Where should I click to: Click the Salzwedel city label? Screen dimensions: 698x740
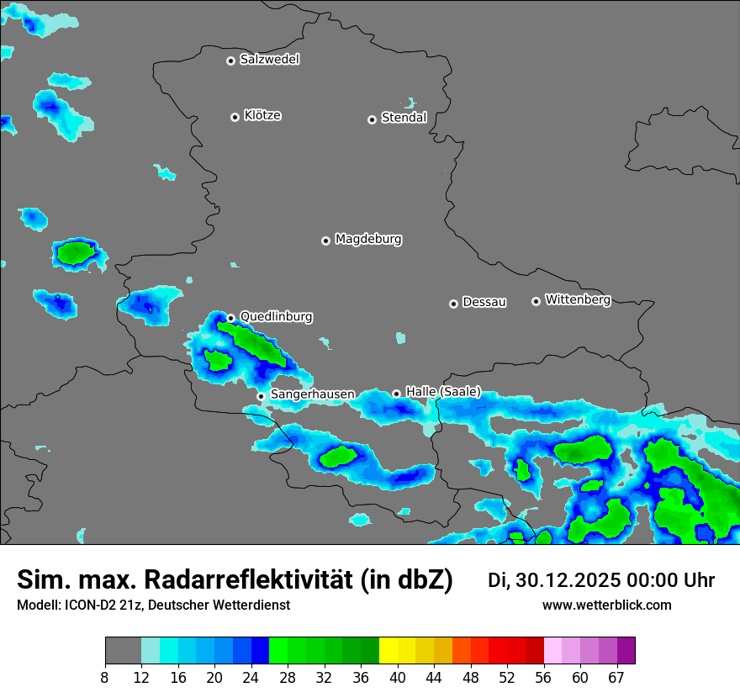click(269, 60)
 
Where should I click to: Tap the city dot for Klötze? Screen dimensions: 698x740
click(235, 117)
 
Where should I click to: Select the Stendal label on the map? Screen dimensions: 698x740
click(404, 118)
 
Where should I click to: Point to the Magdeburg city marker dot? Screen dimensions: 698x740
click(325, 241)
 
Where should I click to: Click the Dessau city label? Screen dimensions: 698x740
click(484, 302)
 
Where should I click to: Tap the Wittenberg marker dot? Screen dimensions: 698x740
click(536, 301)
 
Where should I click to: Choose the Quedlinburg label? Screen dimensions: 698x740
click(276, 317)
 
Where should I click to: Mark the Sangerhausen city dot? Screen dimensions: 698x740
click(261, 396)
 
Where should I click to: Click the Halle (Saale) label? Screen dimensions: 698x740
click(443, 392)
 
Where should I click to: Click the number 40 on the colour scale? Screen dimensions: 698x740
click(398, 678)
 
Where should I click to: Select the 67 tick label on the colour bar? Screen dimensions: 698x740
click(616, 678)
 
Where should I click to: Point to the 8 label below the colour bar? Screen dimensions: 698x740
click(105, 678)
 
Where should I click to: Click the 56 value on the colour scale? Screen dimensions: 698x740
click(543, 678)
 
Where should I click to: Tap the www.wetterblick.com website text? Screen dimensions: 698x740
click(606, 605)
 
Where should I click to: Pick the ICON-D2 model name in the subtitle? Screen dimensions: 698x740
click(85, 605)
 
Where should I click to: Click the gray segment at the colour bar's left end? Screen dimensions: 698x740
click(123, 651)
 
